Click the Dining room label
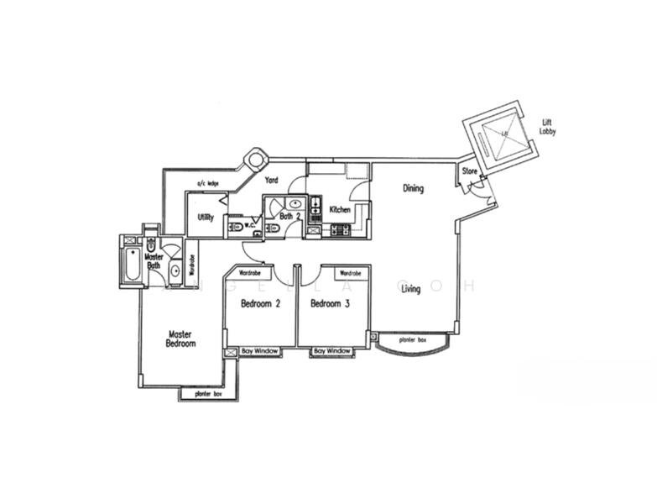413,188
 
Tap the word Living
410,289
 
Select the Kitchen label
340,209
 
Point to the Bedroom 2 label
260,303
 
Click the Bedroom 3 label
330,303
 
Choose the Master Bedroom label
180,339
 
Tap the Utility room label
206,217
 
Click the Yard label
272,180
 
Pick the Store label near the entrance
470,172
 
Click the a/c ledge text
207,183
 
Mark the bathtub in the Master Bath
132,263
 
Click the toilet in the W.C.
236,226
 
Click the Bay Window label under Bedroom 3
331,350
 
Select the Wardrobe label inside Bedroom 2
249,273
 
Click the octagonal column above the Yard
255,159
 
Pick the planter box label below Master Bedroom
207,392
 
